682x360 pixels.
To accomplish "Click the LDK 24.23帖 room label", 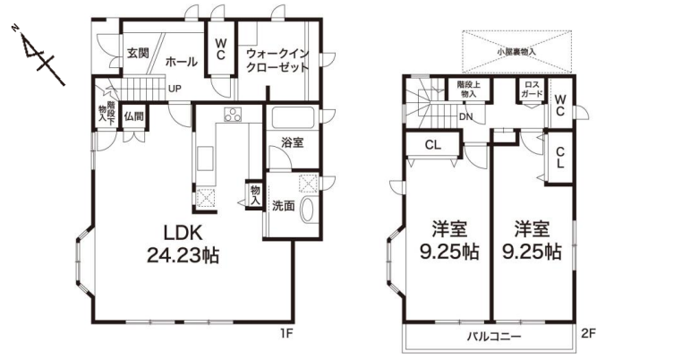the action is click(x=183, y=244).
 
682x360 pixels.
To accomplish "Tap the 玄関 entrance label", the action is click(x=138, y=53).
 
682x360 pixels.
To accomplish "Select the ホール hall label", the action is click(x=182, y=62).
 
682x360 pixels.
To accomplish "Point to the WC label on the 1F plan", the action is click(x=220, y=49).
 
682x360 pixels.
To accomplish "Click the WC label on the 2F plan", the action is click(x=559, y=105).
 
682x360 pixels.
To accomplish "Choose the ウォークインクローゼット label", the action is click(x=277, y=61).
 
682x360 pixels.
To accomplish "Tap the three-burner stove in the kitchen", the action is click(x=233, y=114).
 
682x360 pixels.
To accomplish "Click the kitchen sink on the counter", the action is click(x=206, y=159).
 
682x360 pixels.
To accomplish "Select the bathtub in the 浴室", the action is click(x=293, y=117).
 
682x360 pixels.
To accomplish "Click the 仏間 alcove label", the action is click(x=133, y=116).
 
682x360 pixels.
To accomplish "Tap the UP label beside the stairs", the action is click(x=175, y=89).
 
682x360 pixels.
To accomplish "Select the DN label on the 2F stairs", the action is click(x=465, y=116).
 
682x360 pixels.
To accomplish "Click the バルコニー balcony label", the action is click(x=494, y=337).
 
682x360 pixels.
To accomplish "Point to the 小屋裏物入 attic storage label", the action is click(x=516, y=51).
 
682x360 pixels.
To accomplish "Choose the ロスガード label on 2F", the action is click(x=532, y=90).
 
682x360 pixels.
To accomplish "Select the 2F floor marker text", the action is click(x=588, y=334).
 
